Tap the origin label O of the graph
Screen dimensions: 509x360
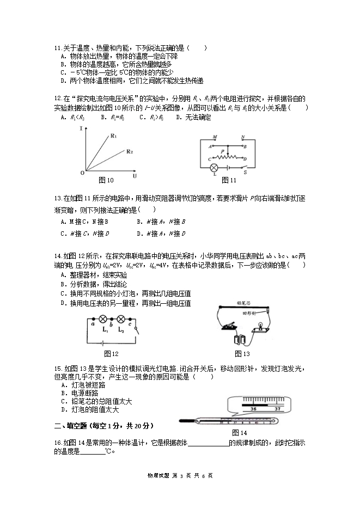82,173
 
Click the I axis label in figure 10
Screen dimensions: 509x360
81,128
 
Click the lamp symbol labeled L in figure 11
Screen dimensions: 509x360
215,167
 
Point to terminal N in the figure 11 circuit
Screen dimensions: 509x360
243,137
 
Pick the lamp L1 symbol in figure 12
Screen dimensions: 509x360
105,320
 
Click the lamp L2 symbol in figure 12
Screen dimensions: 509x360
121,320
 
